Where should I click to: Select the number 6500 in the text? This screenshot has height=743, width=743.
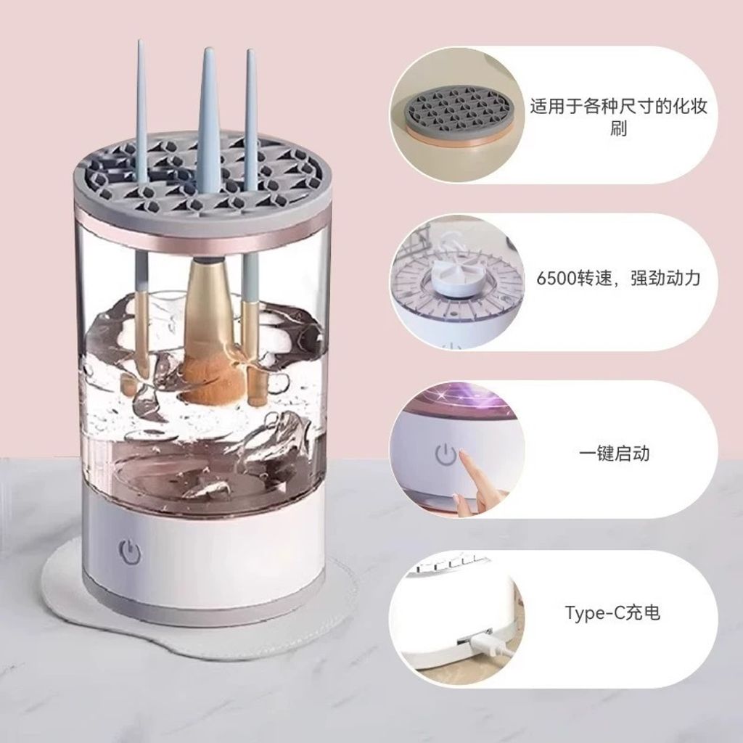pyautogui.click(x=557, y=278)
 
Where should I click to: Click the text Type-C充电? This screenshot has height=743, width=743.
pyautogui.click(x=612, y=612)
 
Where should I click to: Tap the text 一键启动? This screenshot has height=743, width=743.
pyautogui.click(x=614, y=453)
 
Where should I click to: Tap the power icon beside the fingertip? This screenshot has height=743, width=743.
pyautogui.click(x=446, y=454)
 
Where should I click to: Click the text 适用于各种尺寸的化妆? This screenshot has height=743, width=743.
pyautogui.click(x=618, y=107)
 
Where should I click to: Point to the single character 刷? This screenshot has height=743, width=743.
pyautogui.click(x=618, y=128)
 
